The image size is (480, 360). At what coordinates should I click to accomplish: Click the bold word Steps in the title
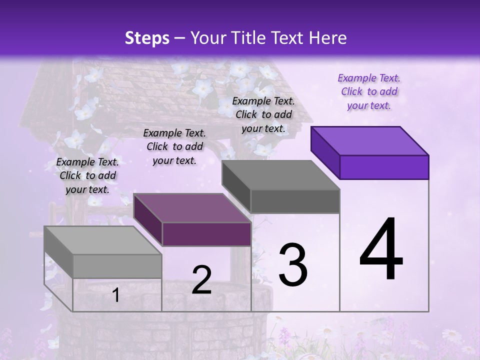tap(147, 38)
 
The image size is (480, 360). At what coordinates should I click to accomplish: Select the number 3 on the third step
tap(292, 265)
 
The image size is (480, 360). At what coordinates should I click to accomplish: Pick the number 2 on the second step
tap(201, 280)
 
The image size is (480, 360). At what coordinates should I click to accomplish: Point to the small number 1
tap(115, 295)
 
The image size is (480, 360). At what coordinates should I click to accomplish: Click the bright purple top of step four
tap(370, 140)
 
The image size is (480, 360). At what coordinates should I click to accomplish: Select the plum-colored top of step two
tap(192, 208)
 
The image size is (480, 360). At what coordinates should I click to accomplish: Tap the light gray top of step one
tap(102, 240)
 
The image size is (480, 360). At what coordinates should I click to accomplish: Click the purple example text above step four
tap(369, 91)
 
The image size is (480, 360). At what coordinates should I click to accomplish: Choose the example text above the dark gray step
tap(263, 114)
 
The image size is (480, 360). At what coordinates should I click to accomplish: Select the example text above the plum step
tap(174, 146)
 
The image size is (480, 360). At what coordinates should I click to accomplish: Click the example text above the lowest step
tap(87, 175)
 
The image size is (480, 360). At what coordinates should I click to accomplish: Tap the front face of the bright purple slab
tap(384, 167)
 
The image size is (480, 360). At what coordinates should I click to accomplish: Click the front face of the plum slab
tap(206, 234)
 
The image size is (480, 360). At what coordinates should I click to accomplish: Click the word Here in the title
tap(328, 38)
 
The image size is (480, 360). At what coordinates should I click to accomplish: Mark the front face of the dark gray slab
tap(295, 201)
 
